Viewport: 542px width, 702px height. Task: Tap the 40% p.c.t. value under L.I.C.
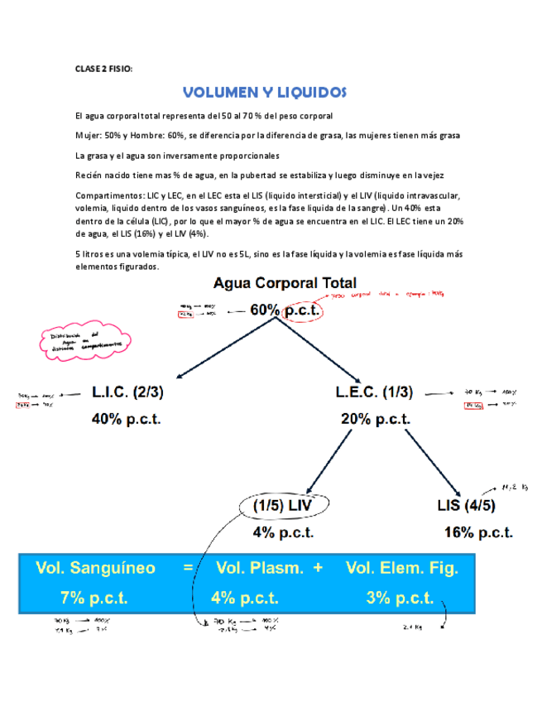coord(126,419)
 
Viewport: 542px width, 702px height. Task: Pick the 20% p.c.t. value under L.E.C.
coord(375,419)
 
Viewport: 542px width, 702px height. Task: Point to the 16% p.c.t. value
coord(477,531)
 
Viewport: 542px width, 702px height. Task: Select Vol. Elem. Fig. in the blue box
coord(402,569)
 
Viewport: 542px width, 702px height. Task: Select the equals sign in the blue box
coord(187,570)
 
